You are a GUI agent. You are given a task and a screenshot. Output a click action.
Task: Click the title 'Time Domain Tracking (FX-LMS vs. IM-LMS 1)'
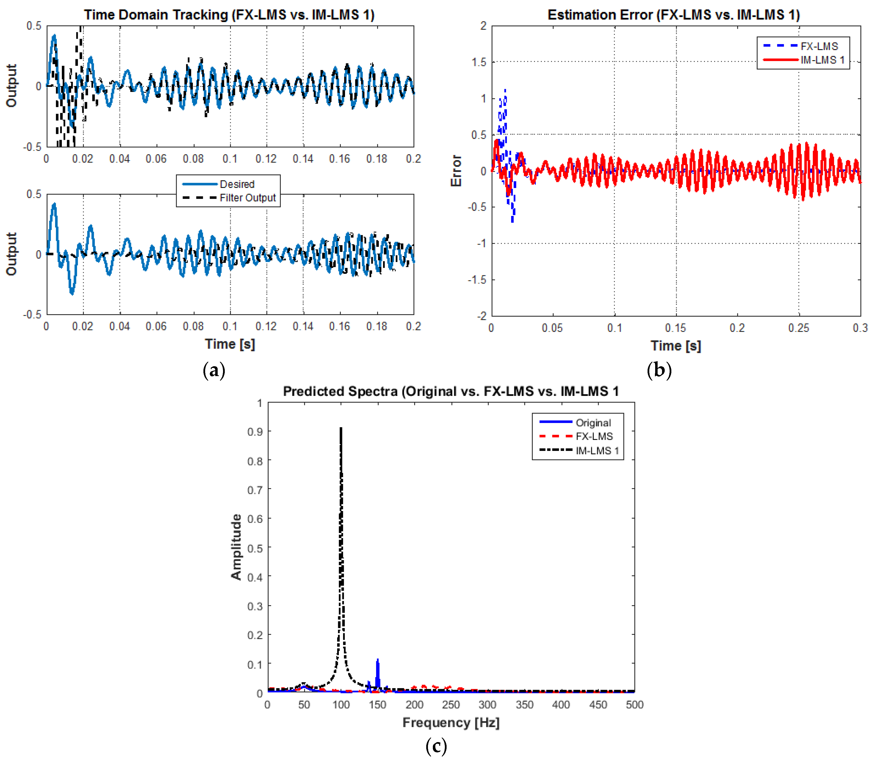tap(229, 15)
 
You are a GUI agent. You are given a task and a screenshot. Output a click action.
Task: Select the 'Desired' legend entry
tap(237, 184)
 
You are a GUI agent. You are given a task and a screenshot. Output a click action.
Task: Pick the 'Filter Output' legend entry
tap(247, 198)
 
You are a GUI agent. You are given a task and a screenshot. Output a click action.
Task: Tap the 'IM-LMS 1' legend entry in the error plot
tap(822, 60)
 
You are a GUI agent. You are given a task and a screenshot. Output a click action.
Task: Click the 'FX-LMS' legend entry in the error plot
tap(819, 46)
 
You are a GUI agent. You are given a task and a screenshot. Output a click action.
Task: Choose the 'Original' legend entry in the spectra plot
tap(593, 423)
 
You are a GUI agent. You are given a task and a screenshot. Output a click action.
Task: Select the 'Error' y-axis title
tap(456, 171)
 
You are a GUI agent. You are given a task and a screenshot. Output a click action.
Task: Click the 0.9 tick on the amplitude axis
tap(255, 432)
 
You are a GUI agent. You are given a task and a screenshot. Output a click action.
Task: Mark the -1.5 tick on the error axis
tap(477, 280)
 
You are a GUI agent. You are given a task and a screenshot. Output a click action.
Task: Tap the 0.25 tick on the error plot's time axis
tap(798, 328)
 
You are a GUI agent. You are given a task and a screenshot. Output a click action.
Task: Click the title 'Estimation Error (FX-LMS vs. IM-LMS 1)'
tap(674, 15)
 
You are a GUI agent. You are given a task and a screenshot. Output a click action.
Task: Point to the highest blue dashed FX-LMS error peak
tap(505, 90)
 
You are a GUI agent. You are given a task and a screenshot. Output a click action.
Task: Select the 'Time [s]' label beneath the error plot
tap(676, 346)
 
